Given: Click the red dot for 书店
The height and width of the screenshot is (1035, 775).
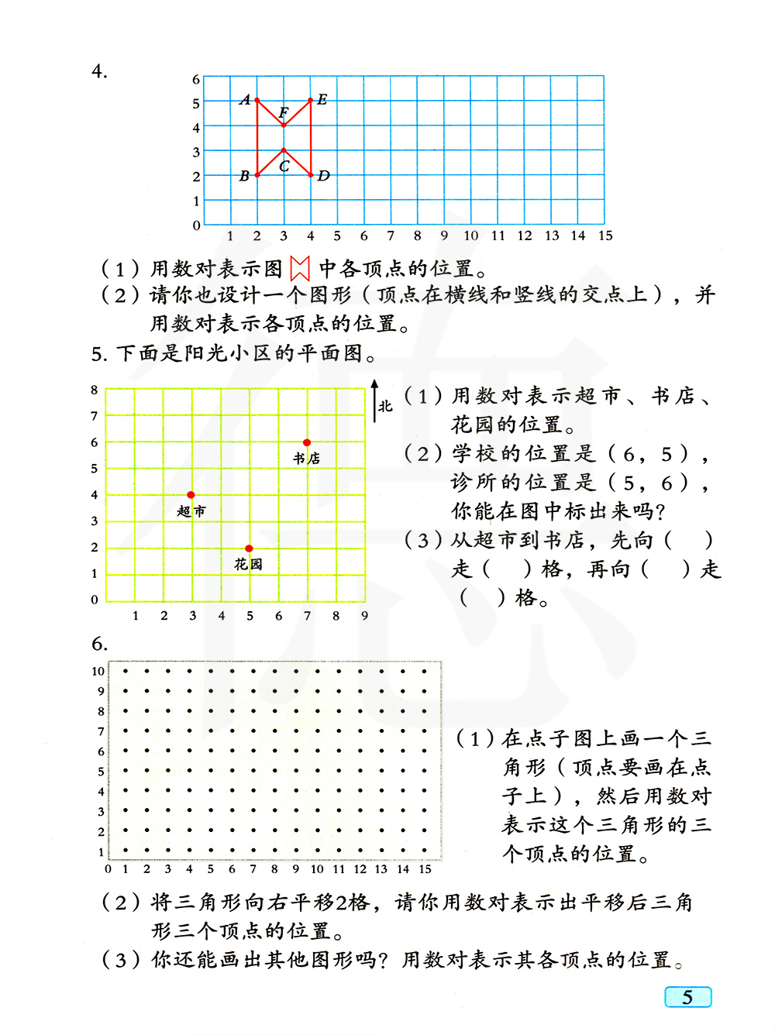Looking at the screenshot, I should pos(307,442).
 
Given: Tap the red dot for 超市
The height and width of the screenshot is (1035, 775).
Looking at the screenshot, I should pos(191,494).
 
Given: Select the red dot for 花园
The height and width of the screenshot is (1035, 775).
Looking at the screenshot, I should pos(249,548).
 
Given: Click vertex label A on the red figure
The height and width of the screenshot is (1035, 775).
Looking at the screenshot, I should pos(246,100).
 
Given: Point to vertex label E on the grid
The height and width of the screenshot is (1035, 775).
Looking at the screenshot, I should pos(322,99).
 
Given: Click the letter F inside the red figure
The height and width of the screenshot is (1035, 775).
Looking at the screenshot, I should pos(284,113).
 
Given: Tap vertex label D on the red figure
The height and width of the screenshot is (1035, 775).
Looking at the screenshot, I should pos(324,176).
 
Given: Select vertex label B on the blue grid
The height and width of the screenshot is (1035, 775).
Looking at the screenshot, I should pos(244,176).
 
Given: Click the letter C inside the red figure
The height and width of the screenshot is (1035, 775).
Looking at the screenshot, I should pos(284,166).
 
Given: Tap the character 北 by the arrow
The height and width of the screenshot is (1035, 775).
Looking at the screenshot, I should pos(386,406).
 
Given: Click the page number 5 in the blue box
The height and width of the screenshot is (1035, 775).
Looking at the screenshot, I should pos(687,997).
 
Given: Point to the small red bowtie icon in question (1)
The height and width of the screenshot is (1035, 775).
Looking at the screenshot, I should pos(300,269).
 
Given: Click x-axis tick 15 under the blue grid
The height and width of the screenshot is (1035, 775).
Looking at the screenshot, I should pos(605,236).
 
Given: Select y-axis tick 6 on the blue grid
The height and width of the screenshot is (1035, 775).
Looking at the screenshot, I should pos(196,79).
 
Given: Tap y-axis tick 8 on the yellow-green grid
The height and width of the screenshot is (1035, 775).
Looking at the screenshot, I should pos(95,390).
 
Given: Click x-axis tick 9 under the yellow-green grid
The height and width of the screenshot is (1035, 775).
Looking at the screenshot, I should pos(364,616).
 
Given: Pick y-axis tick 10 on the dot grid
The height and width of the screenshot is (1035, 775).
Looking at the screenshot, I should pos(98,671).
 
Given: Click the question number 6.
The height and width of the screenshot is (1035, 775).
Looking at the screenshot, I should pos(99,644).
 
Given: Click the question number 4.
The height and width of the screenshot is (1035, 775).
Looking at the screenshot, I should pos(99,71).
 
